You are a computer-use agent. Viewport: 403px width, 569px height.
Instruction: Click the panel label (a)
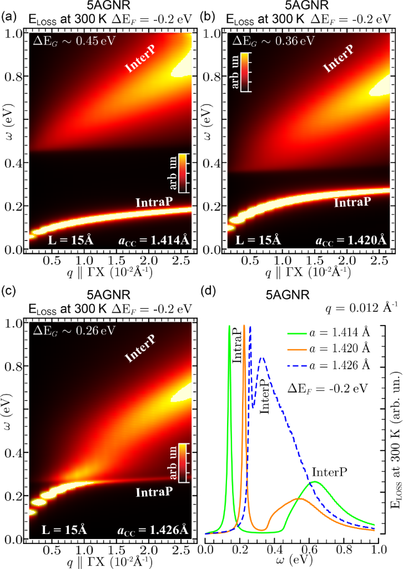8,17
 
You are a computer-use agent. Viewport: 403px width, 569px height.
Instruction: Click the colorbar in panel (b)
248,71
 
